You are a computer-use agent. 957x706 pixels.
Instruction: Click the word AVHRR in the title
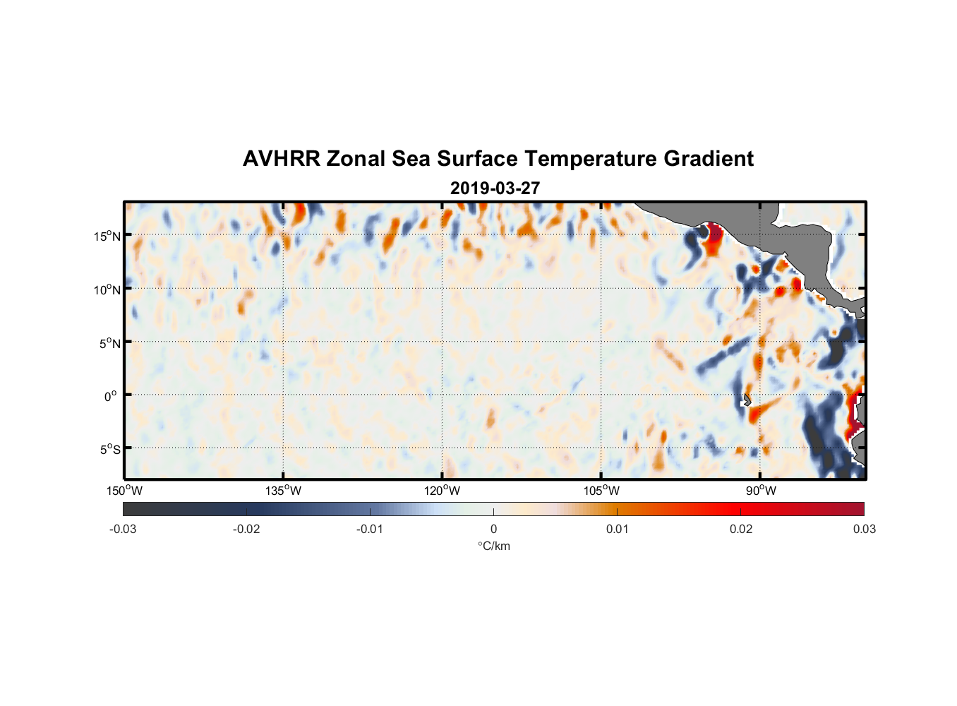281,159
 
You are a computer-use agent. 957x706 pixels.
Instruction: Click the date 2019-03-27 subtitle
495,189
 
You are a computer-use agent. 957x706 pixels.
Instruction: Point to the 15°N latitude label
107,236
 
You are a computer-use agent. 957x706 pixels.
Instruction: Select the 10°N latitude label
107,289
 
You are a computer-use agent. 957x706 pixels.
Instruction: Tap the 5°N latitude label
109,343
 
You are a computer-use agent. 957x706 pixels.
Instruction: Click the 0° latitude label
111,396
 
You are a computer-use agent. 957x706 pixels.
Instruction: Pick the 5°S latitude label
109,449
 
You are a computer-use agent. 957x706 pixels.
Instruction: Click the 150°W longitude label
125,491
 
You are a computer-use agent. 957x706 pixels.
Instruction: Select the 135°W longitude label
284,491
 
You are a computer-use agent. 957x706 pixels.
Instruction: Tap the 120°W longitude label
443,491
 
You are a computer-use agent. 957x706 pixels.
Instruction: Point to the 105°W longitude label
601,491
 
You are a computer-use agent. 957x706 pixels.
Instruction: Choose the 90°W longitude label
761,491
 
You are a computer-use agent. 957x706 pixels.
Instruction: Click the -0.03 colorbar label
123,529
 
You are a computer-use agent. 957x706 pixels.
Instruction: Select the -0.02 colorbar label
246,529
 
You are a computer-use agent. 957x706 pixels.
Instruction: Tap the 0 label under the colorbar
493,529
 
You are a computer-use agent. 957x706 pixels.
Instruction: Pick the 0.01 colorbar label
617,529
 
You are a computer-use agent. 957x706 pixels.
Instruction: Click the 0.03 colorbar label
864,529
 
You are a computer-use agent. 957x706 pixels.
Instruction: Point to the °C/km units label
493,546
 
